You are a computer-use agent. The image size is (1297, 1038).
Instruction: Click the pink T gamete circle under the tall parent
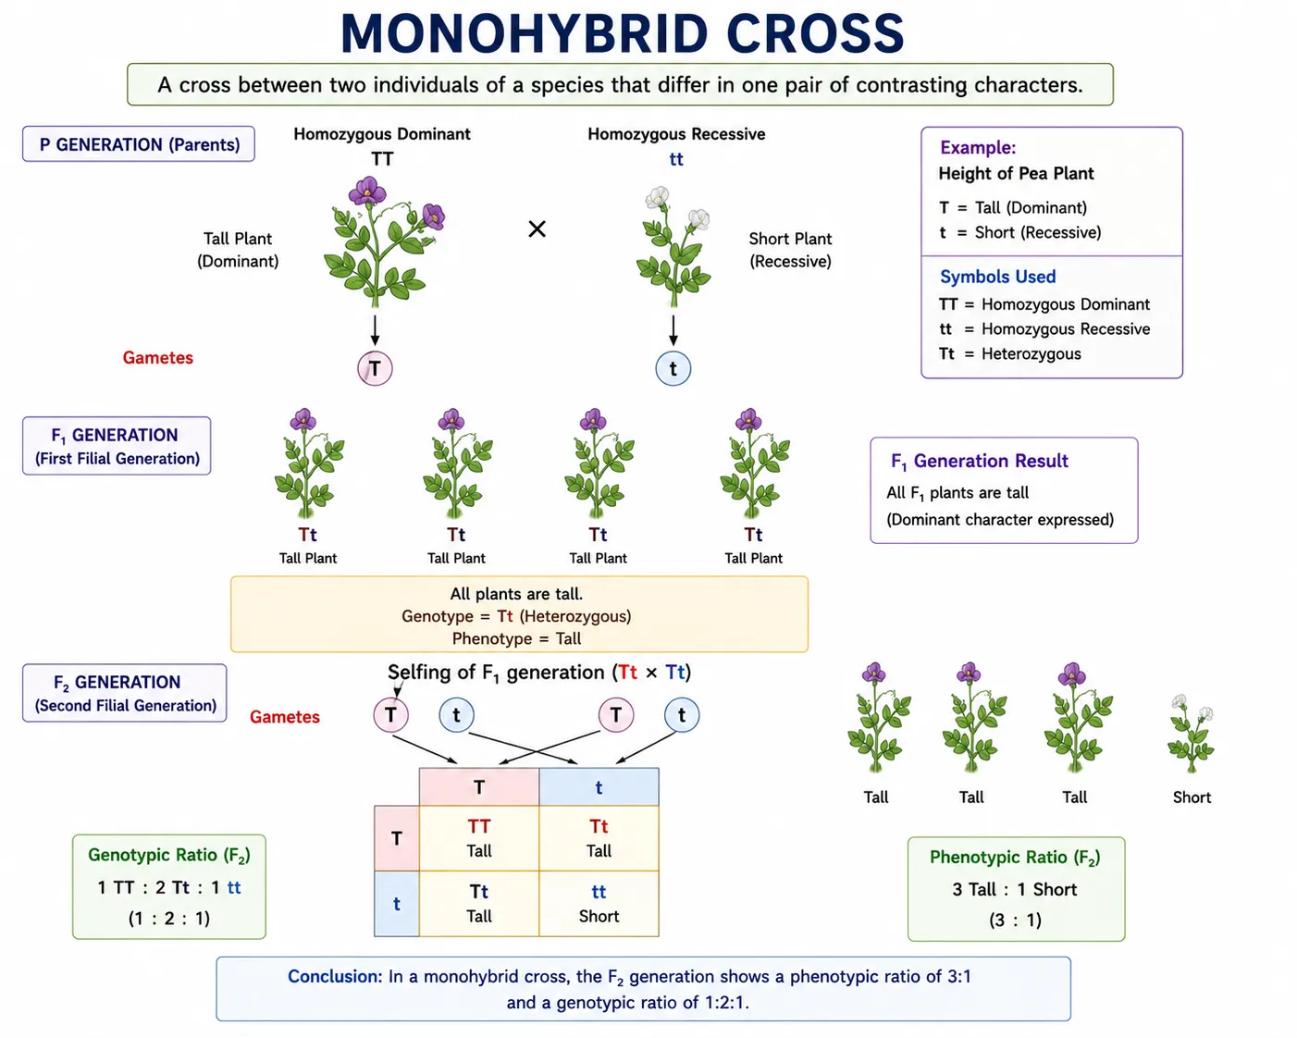pos(375,368)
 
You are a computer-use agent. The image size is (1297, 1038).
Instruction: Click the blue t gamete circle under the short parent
pos(673,368)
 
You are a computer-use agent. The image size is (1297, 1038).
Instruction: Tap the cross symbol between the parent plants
pos(537,229)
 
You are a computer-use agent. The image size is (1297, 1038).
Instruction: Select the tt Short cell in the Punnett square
pos(599,904)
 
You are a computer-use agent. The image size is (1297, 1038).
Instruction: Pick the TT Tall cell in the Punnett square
pos(479,838)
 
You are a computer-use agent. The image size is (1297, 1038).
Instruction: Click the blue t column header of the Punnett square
pos(599,787)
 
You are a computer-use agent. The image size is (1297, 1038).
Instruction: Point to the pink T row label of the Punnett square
pos(397,838)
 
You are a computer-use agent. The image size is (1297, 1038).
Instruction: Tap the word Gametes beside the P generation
pos(158,357)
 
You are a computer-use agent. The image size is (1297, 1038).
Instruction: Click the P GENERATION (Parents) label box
pos(139,144)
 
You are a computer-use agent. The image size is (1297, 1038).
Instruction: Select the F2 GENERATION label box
pos(125,693)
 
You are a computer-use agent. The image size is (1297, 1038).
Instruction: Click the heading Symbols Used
pos(998,277)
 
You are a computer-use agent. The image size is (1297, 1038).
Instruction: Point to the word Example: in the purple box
pos(978,148)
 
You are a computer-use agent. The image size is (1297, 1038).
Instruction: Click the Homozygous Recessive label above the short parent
pos(676,134)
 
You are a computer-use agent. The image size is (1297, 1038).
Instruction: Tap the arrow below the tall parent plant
pos(375,330)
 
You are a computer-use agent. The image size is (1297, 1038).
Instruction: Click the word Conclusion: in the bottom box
pos(335,977)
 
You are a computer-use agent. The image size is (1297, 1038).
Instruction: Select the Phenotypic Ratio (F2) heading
pos(1016,858)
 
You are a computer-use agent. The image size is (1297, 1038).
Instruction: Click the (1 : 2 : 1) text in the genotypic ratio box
pos(168,918)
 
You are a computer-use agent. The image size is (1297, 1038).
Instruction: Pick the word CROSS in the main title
pos(815,33)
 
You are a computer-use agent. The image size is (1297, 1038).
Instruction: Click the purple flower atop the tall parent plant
pos(367,192)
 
